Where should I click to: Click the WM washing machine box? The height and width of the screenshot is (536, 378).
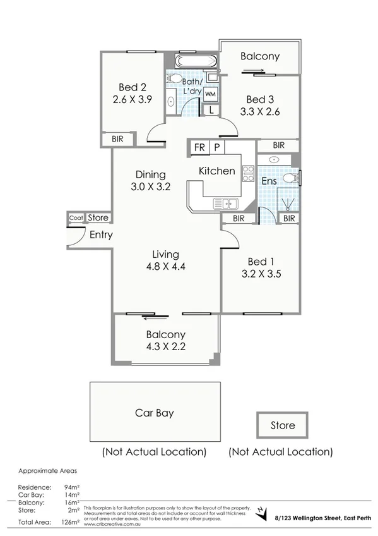(x=210, y=94)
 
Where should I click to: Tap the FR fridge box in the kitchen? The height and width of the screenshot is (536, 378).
(x=200, y=148)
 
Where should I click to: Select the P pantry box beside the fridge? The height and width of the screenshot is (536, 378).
(x=216, y=148)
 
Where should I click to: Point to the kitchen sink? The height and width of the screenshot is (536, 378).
(x=225, y=204)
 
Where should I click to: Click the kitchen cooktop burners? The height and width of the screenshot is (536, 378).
(x=248, y=173)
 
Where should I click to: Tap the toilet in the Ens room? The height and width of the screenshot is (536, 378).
(x=290, y=179)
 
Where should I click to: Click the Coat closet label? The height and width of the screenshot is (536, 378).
(x=76, y=218)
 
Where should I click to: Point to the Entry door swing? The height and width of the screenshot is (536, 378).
(x=75, y=238)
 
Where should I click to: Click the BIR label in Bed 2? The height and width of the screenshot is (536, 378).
(x=117, y=139)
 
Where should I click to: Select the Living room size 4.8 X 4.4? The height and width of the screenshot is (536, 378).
(x=166, y=266)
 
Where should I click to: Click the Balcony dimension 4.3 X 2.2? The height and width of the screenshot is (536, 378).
(x=166, y=346)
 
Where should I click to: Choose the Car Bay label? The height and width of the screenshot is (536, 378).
(x=155, y=413)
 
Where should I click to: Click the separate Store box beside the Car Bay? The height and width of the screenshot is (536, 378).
(x=282, y=425)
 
